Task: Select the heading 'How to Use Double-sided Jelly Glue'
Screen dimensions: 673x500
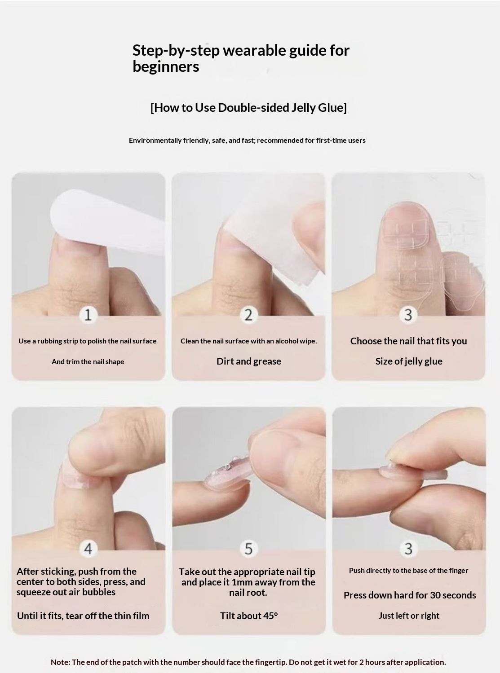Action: point(248,108)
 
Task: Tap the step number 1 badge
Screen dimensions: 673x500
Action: point(88,315)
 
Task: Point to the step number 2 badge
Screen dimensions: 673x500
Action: point(248,315)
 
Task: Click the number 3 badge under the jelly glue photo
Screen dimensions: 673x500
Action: point(408,315)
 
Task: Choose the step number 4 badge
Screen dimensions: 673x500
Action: point(88,549)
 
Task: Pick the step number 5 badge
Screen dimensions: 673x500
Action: point(248,549)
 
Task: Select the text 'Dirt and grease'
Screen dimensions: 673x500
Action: point(248,361)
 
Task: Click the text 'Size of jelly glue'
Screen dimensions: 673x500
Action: point(409,361)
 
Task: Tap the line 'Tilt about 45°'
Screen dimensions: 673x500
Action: point(248,616)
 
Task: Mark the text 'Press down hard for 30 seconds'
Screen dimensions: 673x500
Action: point(409,595)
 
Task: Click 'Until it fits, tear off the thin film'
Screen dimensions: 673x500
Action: point(83,616)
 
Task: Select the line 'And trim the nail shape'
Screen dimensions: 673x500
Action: point(88,362)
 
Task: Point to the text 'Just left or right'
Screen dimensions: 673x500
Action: point(409,616)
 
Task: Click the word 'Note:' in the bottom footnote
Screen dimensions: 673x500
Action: point(60,662)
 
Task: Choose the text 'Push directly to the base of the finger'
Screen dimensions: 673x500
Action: point(408,571)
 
